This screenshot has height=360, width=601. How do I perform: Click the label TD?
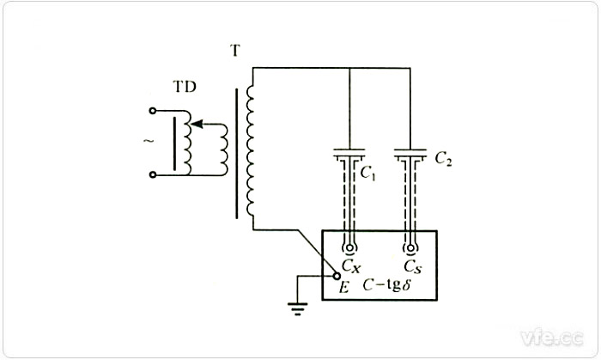tap(183, 88)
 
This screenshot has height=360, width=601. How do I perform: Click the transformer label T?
tap(234, 52)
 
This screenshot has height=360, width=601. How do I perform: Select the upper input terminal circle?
tap(154, 111)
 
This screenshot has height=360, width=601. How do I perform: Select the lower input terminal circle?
tap(154, 174)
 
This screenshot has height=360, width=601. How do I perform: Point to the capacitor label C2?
tap(444, 158)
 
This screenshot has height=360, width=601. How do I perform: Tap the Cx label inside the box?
tap(352, 265)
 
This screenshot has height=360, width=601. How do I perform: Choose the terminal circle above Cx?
tap(349, 247)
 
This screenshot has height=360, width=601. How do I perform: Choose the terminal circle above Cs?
tap(411, 247)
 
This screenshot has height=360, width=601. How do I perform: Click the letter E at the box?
tap(343, 288)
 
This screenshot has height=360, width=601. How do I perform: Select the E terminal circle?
tap(337, 275)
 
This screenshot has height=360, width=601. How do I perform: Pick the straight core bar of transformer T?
tap(236, 146)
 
